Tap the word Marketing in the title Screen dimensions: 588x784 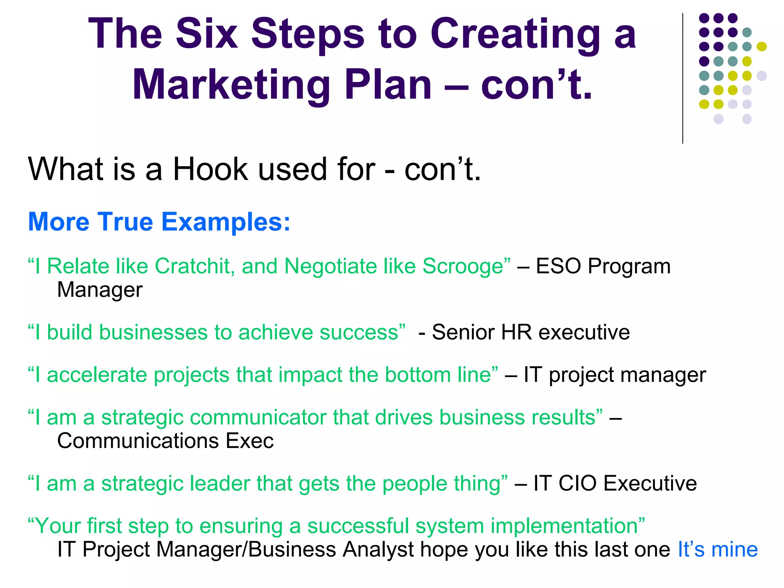[232, 85]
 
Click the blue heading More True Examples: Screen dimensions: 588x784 [159, 222]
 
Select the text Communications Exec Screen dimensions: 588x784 [165, 441]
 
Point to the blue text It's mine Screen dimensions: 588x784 [717, 550]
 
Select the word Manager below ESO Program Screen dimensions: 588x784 [100, 290]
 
